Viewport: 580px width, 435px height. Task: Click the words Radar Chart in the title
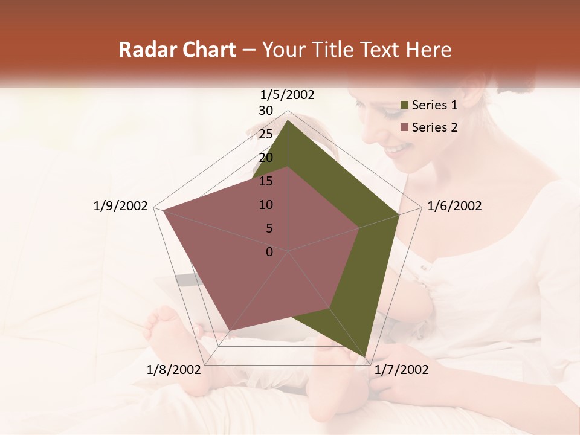coord(177,50)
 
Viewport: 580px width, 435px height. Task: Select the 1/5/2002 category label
coord(288,94)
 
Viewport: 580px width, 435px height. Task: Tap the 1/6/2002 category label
coord(454,206)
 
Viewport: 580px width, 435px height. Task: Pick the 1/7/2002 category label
coord(401,370)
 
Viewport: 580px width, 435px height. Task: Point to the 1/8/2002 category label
coord(173,370)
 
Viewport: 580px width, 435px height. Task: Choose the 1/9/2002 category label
coord(121,206)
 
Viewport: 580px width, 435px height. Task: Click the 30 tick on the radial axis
coord(266,111)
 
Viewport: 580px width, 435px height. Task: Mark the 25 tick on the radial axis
coord(266,134)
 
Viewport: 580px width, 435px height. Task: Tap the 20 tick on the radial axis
coord(266,158)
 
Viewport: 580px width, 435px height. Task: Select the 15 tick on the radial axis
coord(266,181)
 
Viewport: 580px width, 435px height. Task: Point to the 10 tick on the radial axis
coord(266,205)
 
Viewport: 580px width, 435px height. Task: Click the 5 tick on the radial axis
coord(269,228)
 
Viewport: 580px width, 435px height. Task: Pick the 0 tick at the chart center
coord(269,252)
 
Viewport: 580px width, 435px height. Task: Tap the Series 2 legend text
coord(434,127)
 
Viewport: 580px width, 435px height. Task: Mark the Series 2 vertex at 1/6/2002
coord(359,228)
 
